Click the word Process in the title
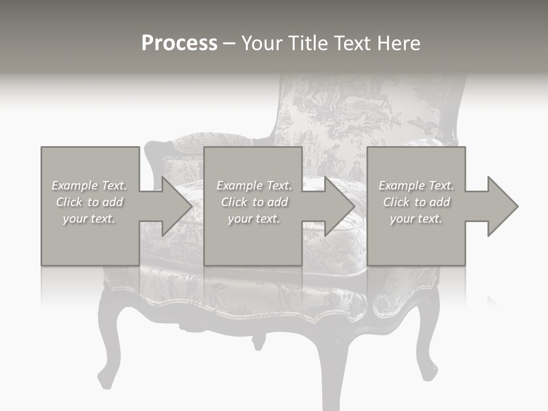[x=179, y=43]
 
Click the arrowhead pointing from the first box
[x=174, y=206]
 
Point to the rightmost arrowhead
[x=500, y=206]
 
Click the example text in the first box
[x=90, y=202]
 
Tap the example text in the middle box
[x=254, y=202]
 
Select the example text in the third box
[x=416, y=202]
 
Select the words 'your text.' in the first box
[x=89, y=219]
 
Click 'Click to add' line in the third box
[x=416, y=202]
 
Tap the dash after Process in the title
[x=229, y=43]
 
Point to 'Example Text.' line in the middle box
[x=254, y=186]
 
